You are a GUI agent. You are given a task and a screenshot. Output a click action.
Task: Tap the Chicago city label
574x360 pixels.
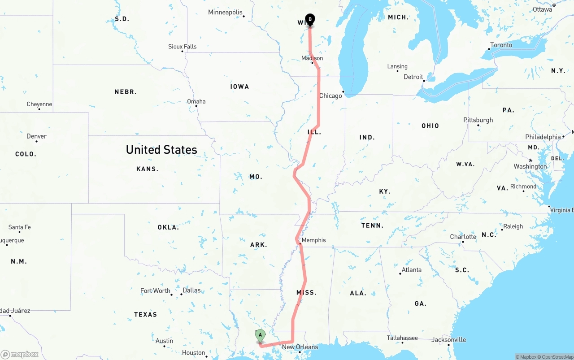point(330,96)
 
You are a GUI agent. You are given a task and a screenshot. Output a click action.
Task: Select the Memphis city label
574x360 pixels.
point(313,240)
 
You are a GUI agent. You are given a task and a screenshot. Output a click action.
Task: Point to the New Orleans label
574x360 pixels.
point(300,347)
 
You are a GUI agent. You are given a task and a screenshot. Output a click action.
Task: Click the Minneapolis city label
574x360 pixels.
point(225,13)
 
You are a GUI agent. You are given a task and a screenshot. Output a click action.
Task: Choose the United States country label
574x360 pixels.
point(161,150)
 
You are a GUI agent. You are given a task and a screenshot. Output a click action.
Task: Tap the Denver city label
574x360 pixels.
point(36,136)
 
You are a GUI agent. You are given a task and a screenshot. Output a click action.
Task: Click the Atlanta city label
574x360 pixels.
point(411,270)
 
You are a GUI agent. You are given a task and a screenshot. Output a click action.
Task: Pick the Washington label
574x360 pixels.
point(530,167)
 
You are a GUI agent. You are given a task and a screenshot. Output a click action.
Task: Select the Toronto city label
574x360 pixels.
point(501,45)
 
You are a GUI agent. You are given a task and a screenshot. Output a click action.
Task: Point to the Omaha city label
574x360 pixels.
point(196,101)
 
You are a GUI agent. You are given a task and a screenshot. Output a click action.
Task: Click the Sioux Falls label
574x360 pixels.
point(182,47)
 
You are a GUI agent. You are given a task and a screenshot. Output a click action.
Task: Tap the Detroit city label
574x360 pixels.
point(413,77)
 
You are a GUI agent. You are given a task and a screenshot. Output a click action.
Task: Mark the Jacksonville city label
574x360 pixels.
point(448,340)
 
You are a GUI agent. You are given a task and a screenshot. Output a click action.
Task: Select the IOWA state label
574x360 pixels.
point(239,87)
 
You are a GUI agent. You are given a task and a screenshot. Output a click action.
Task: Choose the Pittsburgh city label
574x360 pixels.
point(478,120)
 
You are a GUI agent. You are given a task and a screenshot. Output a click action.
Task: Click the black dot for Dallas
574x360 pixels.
point(182,294)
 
